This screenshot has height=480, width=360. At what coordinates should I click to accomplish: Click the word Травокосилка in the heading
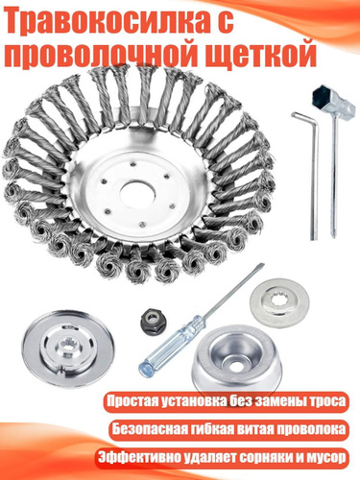[x=100, y=21]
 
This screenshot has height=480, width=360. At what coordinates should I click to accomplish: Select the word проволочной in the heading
[x=109, y=54]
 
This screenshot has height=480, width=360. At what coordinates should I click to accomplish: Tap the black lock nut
[x=152, y=318]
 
